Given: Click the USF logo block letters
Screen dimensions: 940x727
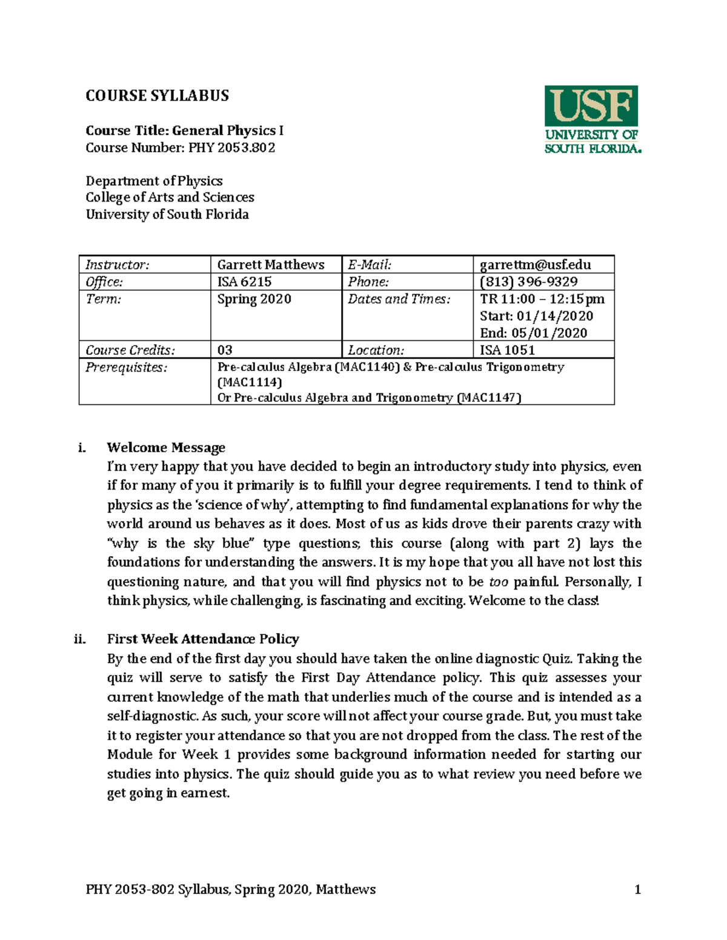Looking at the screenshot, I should (591, 106).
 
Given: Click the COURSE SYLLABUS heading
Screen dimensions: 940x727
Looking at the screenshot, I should (157, 96).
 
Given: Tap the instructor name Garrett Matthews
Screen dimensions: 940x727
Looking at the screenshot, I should (271, 265).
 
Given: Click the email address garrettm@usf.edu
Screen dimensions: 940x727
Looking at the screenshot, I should (535, 265).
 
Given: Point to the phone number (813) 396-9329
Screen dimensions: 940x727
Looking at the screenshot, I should (528, 282).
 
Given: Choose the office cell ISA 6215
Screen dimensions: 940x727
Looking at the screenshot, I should (245, 282).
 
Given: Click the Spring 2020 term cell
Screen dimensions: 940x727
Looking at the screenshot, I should (254, 300).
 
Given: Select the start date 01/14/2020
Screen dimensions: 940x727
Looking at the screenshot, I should (554, 316).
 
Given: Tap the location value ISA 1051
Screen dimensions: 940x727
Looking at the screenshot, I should (507, 350).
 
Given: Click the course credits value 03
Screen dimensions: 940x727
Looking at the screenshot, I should (225, 350).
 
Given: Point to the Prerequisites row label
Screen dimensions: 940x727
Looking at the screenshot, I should (126, 367).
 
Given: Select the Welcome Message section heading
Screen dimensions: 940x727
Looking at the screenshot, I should (166, 448).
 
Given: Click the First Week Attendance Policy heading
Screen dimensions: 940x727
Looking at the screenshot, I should (203, 639).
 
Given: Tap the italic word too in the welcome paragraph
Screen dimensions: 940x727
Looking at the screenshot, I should (498, 582).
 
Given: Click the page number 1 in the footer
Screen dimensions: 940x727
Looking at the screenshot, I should (637, 889).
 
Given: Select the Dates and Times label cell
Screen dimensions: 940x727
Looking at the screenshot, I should (399, 300).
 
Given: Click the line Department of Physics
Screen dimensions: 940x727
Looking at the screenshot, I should (154, 181).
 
